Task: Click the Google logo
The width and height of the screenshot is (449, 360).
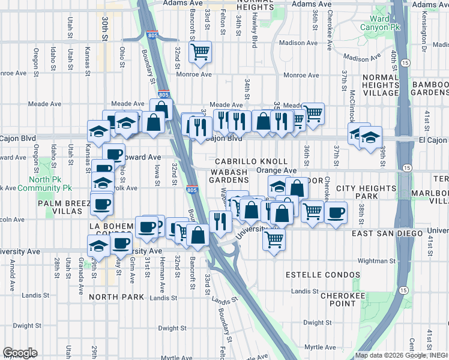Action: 20,353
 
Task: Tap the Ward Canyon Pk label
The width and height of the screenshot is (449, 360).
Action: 374,22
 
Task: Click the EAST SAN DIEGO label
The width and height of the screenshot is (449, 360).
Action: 384,233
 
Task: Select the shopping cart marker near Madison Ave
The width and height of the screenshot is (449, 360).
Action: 200,52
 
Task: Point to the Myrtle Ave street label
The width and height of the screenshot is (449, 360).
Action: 321,347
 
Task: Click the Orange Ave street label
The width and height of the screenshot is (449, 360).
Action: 277,170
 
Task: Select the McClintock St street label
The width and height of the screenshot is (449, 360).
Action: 353,106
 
